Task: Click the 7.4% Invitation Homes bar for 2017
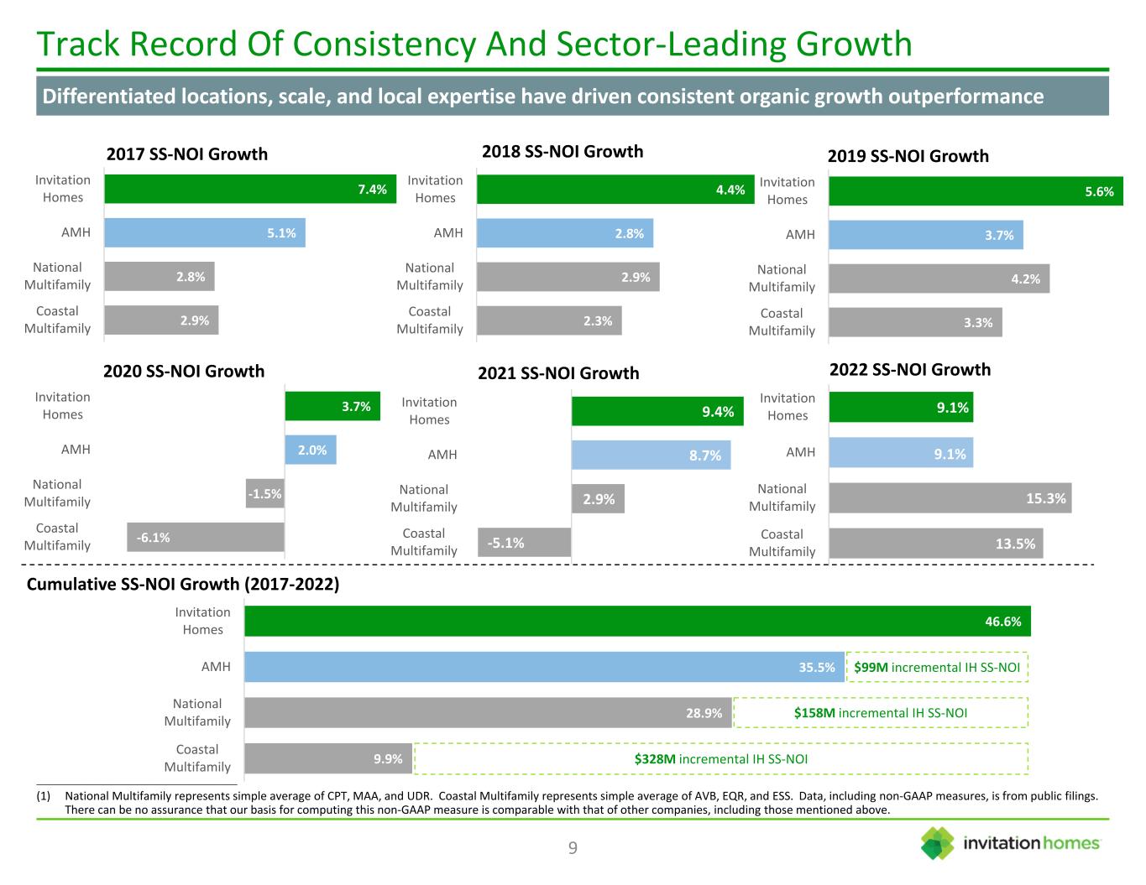(x=250, y=189)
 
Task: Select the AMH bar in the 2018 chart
(x=564, y=233)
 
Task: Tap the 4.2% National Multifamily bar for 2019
(x=939, y=279)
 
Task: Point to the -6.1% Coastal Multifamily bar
(x=205, y=538)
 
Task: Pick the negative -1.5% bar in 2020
(x=265, y=494)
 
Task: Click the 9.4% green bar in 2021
(x=657, y=411)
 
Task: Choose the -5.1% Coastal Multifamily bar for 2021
(x=524, y=543)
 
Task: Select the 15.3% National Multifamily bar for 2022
(x=950, y=498)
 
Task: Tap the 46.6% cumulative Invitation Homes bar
(x=636, y=622)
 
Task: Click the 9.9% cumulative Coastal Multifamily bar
(x=327, y=759)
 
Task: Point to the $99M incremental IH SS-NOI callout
(x=937, y=668)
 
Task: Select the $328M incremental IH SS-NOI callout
(x=720, y=759)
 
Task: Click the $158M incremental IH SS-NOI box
(x=880, y=713)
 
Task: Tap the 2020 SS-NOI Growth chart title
(x=184, y=371)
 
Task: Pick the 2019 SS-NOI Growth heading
(x=908, y=156)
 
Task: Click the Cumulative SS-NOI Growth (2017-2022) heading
(x=183, y=585)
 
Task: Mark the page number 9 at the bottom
(x=573, y=848)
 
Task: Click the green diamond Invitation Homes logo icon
(x=938, y=843)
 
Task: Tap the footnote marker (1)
(x=45, y=795)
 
